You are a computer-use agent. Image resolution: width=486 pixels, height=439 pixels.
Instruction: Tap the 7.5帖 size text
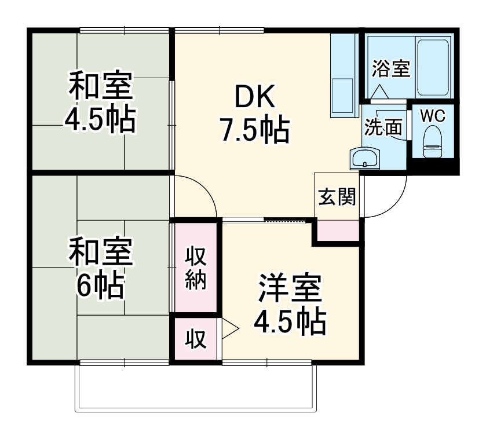click(253, 131)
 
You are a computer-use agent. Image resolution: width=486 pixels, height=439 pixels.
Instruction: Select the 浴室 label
click(391, 69)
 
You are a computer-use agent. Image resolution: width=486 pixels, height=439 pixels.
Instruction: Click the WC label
click(433, 115)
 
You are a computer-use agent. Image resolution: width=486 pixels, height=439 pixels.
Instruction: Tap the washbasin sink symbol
click(365, 158)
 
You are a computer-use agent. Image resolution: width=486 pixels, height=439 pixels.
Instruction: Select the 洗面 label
click(383, 127)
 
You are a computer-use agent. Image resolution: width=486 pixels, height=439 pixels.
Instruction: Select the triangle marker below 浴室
click(381, 92)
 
